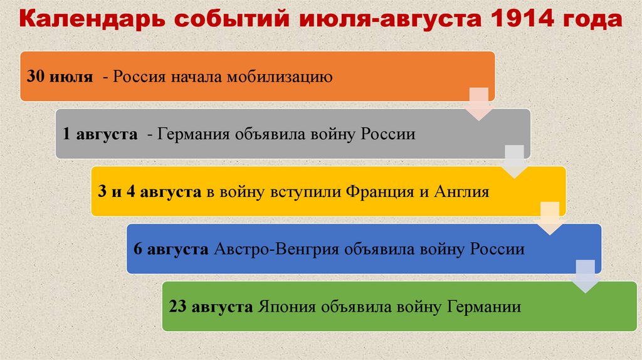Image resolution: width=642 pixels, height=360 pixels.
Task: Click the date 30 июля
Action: pyautogui.click(x=60, y=78)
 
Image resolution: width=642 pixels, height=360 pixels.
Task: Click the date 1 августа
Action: pyautogui.click(x=100, y=135)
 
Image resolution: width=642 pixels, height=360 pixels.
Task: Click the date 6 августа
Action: pyautogui.click(x=171, y=249)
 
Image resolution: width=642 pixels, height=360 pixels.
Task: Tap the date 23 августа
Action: pyautogui.click(x=210, y=307)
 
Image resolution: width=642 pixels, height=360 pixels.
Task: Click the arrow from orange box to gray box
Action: pyautogui.click(x=479, y=104)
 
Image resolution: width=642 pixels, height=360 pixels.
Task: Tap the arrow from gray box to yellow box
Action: pyautogui.click(x=515, y=161)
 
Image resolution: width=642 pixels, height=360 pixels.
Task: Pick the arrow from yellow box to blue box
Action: pyautogui.click(x=550, y=219)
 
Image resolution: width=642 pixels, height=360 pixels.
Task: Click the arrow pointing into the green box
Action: pyautogui.click(x=586, y=277)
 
